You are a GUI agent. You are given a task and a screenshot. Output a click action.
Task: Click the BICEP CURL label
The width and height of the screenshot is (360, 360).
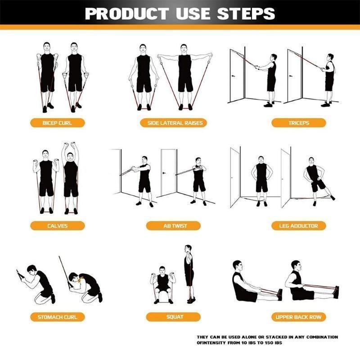pos(57,123)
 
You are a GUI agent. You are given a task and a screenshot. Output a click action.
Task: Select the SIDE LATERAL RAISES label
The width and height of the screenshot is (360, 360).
pos(175,123)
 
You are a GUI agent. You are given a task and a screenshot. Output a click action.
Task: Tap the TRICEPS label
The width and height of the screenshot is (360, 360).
pos(298,123)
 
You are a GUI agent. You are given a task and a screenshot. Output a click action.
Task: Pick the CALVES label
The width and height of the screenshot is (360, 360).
pos(57,226)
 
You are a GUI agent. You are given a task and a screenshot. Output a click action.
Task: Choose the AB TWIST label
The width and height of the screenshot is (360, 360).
pos(175,226)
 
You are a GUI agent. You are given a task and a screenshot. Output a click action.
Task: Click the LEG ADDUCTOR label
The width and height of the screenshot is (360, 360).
pos(298,226)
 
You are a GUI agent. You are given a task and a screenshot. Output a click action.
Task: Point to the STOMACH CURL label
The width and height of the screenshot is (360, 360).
pos(57,317)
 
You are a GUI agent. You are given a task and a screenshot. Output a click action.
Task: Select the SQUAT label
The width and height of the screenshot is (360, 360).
pos(175,317)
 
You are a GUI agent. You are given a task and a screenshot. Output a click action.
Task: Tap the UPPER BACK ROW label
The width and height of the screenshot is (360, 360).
pos(298,317)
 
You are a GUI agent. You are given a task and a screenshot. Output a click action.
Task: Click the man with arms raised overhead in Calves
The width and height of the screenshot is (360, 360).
pos(71,178)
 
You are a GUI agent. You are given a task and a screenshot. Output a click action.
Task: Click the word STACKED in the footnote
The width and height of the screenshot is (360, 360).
pos(271,337)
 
